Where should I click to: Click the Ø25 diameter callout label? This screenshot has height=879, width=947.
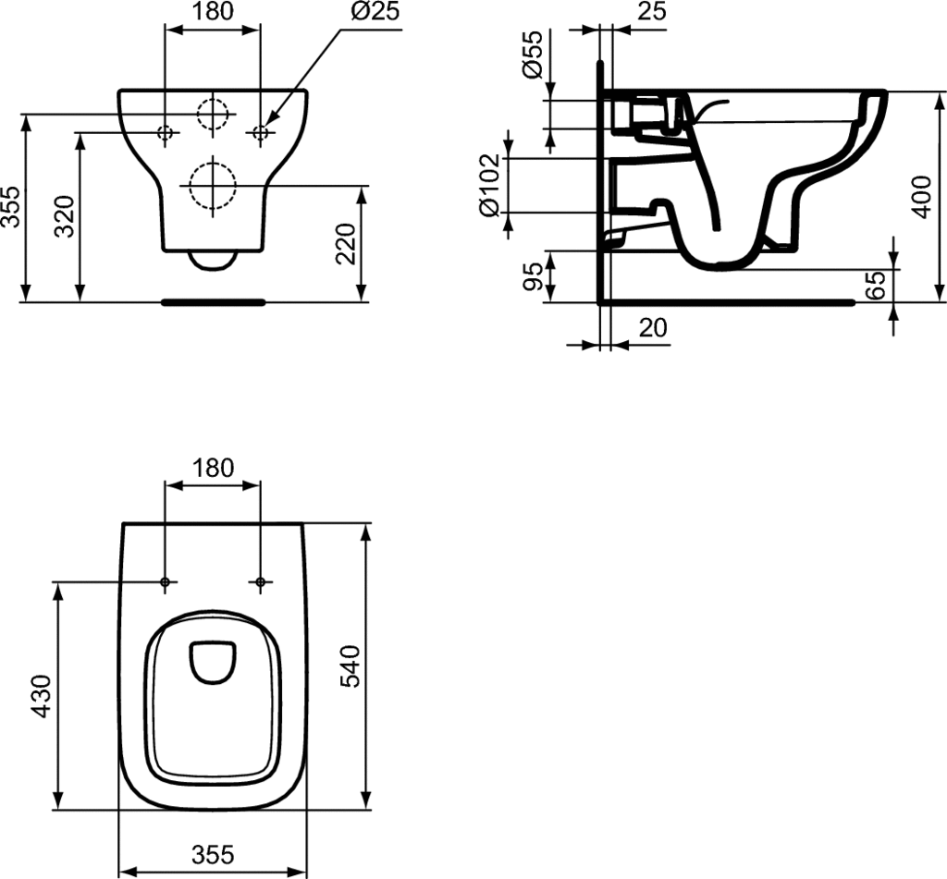375,11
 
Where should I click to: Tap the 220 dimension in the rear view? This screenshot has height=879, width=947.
346,244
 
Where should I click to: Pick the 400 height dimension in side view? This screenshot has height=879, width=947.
922,197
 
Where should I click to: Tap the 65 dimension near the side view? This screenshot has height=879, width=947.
875,285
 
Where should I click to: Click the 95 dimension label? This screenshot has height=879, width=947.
533,276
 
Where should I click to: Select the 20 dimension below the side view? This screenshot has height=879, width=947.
653,328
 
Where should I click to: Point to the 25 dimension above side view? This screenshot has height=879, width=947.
652,11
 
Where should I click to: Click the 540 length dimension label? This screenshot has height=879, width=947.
351,665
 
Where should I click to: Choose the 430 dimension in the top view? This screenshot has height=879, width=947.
42,697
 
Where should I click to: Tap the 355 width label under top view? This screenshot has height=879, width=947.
213,854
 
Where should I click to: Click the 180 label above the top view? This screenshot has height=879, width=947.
213,468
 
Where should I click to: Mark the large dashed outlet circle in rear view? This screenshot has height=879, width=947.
212,186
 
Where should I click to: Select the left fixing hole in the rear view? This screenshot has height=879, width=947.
165,132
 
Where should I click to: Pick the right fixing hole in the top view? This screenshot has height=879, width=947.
260,582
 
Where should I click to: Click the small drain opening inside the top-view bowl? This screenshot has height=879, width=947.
213,662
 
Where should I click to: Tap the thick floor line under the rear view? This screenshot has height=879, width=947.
214,302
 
